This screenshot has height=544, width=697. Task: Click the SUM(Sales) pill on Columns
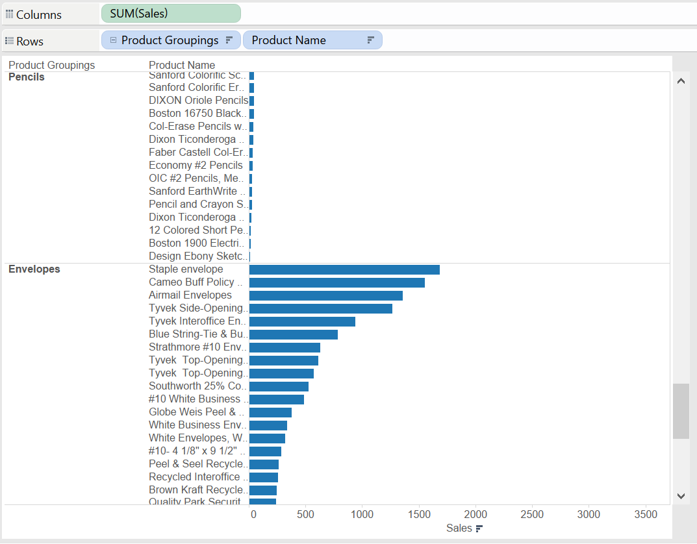(x=170, y=14)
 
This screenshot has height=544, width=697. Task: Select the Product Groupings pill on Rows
(x=170, y=40)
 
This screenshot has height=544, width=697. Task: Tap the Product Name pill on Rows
(x=312, y=40)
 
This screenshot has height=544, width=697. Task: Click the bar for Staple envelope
(x=344, y=269)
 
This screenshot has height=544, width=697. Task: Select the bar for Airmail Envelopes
(x=325, y=295)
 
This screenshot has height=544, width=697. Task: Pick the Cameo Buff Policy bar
(x=336, y=282)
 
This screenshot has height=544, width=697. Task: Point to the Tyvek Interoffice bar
(x=302, y=321)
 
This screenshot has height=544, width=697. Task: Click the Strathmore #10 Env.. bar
(x=285, y=347)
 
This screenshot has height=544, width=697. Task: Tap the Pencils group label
(x=27, y=77)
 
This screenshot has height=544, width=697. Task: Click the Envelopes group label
(x=34, y=269)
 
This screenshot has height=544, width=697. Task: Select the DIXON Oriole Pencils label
(x=198, y=101)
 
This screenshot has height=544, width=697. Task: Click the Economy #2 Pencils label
(x=196, y=166)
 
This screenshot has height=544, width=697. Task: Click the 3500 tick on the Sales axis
(x=645, y=514)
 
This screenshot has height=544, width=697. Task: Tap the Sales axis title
(x=459, y=528)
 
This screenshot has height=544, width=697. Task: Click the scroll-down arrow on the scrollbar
(x=681, y=496)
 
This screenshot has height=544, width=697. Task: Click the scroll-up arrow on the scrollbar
(x=681, y=82)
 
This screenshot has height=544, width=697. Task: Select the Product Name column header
(x=182, y=65)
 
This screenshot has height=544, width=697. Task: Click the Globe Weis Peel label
(x=196, y=412)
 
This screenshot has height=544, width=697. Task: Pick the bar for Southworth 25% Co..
(x=279, y=386)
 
